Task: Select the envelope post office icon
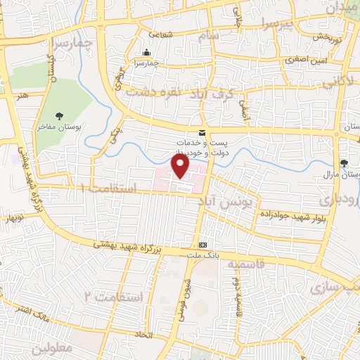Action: (202, 133)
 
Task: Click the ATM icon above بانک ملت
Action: (203, 245)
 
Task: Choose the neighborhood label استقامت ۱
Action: (105, 188)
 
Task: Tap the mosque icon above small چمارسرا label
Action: (146, 53)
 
